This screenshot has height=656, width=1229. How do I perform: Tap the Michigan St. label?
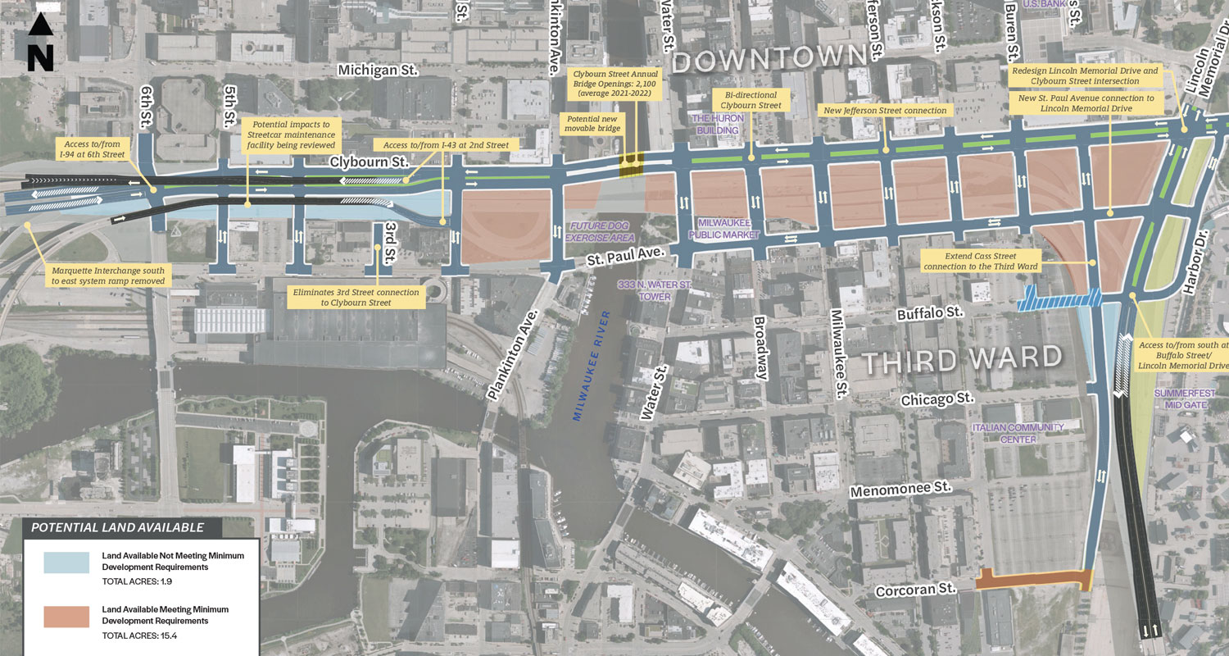[x=379, y=71]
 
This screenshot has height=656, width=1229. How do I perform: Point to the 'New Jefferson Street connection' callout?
[x=885, y=110]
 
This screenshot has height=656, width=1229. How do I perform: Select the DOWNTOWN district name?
[x=769, y=60]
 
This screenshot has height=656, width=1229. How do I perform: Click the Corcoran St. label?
[x=916, y=590]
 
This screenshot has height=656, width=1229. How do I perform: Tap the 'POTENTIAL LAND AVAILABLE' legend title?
[x=114, y=527]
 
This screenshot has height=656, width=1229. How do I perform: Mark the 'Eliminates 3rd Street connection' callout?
[x=356, y=297]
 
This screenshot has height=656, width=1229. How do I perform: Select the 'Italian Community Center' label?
[x=1018, y=433]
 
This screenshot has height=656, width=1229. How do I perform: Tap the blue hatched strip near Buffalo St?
[x=1057, y=299]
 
